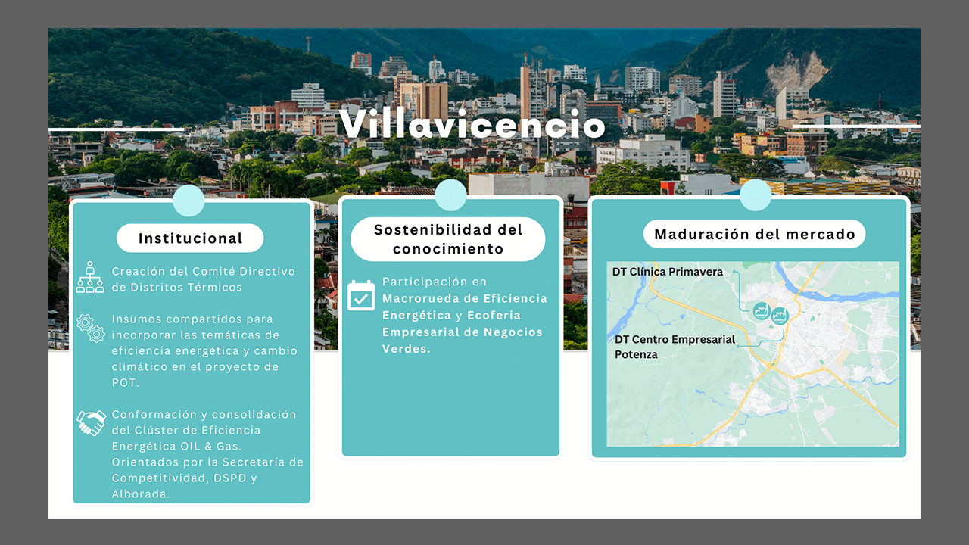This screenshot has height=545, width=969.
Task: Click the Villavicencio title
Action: pyautogui.click(x=472, y=124)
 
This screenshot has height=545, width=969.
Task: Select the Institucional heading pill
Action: pyautogui.click(x=190, y=238)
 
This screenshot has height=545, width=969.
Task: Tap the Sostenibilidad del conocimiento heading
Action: pyautogui.click(x=448, y=239)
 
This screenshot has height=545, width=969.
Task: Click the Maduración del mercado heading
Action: pyautogui.click(x=755, y=234)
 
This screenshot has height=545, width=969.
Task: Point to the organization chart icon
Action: pyautogui.click(x=90, y=277)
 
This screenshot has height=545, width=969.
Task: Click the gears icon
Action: pyautogui.click(x=91, y=329)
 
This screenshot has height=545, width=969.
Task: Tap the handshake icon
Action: pyautogui.click(x=92, y=422)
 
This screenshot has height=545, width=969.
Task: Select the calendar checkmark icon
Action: pyautogui.click(x=361, y=295)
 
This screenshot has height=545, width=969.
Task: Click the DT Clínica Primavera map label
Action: pyautogui.click(x=668, y=272)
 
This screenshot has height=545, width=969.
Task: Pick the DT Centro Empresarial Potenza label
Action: pyautogui.click(x=675, y=347)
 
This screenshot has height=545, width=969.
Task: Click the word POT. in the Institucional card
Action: pyautogui.click(x=126, y=383)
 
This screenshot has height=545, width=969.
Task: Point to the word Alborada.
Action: pyautogui.click(x=141, y=494)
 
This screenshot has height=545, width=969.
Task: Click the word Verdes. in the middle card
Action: pyautogui.click(x=407, y=349)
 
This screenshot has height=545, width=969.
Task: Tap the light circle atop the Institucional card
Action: pyautogui.click(x=189, y=201)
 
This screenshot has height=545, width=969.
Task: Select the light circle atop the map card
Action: pyautogui.click(x=756, y=195)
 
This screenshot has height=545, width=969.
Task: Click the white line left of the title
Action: pyautogui.click(x=116, y=129)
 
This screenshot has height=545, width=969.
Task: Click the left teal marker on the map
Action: pyautogui.click(x=761, y=311)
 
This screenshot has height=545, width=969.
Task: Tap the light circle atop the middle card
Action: pyautogui.click(x=450, y=195)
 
